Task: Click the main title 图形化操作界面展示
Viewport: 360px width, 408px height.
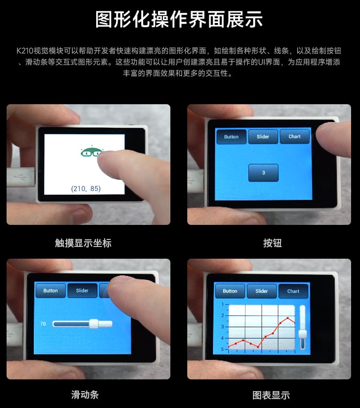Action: [x=179, y=19]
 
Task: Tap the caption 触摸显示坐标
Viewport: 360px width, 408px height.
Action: [x=83, y=243]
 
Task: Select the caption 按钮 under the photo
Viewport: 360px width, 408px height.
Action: [x=272, y=243]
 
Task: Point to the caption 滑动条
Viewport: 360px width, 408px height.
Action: [x=85, y=395]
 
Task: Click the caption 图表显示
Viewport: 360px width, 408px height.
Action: [x=271, y=395]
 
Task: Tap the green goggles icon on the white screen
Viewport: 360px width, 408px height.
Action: [x=91, y=151]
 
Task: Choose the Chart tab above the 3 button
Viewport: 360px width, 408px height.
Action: [x=295, y=137]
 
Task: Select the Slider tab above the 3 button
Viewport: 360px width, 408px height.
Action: [x=263, y=137]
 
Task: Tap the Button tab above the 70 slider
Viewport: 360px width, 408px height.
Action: [x=51, y=291]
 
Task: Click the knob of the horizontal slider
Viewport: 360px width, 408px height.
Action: [x=94, y=323]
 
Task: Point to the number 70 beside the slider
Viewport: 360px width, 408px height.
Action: [x=43, y=323]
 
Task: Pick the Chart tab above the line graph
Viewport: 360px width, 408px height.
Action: [x=293, y=291]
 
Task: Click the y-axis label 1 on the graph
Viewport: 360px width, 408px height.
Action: [x=222, y=304]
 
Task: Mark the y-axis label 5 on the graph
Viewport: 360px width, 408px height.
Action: [x=222, y=349]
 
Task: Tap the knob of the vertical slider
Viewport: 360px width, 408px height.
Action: [x=303, y=334]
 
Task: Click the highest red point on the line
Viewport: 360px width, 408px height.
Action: [x=288, y=318]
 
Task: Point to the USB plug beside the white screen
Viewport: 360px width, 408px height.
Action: [x=21, y=177]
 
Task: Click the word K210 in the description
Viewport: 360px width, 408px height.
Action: [x=25, y=51]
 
